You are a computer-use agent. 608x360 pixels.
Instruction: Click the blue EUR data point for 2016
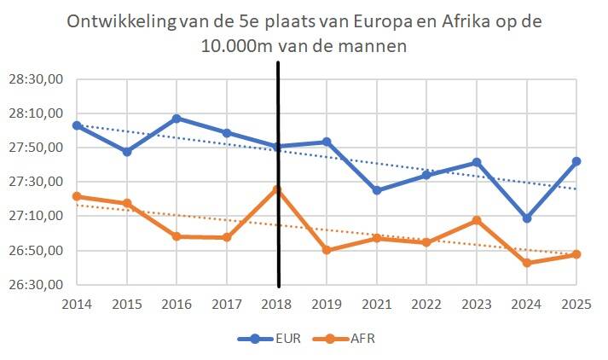(x=177, y=118)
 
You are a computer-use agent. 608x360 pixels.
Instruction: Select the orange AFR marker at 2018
(x=277, y=189)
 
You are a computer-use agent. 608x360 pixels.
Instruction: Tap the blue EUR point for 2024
(x=528, y=218)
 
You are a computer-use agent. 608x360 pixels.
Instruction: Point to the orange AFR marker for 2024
(x=528, y=263)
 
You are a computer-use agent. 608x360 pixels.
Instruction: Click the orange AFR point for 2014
(x=77, y=196)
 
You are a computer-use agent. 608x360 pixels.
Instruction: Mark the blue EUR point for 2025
(x=577, y=161)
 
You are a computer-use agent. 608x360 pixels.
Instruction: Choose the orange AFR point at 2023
(x=478, y=220)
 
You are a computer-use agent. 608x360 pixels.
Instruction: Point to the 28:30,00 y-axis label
(x=37, y=79)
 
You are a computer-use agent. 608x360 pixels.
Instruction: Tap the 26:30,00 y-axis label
(x=37, y=285)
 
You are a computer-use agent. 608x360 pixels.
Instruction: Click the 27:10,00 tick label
(x=37, y=217)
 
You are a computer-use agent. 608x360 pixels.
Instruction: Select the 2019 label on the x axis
(x=327, y=305)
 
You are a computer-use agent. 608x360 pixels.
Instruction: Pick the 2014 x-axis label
(x=77, y=305)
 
